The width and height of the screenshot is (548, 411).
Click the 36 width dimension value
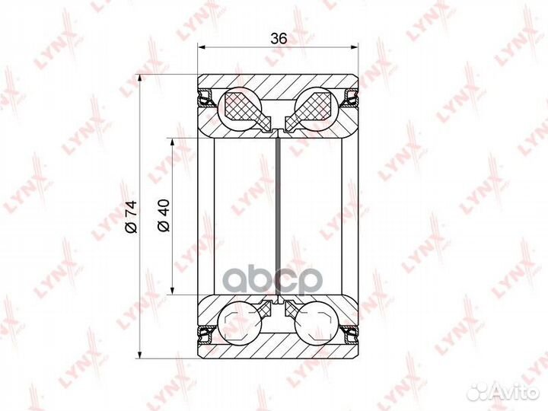(x=279, y=39)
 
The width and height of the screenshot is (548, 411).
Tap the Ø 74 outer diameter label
(x=132, y=217)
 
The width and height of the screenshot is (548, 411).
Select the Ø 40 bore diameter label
(x=164, y=215)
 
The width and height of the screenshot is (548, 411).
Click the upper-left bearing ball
(x=240, y=108)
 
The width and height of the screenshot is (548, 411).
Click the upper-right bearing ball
(x=317, y=108)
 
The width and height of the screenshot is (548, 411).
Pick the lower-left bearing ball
(x=240, y=323)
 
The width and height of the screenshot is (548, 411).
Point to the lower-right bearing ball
(x=317, y=323)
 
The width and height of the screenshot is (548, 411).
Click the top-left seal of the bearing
(x=207, y=97)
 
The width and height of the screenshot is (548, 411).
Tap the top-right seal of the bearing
(x=349, y=97)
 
